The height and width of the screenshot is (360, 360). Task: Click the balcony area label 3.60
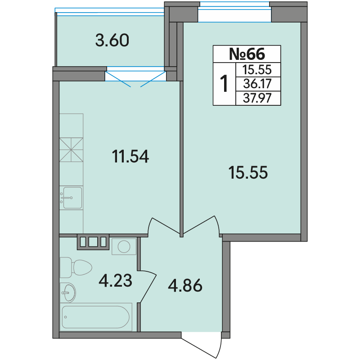point(112,40)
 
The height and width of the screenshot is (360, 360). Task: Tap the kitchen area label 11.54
point(130,157)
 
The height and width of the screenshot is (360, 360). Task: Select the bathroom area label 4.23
point(116,280)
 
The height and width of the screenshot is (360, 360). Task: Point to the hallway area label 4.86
point(185,285)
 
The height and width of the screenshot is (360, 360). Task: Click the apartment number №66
point(247,54)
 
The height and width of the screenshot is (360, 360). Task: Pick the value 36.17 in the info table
point(257,84)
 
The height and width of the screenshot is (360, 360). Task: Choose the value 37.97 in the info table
point(257,98)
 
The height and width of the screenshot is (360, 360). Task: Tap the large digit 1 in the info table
point(224,84)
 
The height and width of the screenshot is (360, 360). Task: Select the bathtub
point(96,317)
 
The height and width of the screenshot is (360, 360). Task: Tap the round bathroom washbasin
point(68,293)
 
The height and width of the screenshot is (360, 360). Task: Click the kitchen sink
point(72,198)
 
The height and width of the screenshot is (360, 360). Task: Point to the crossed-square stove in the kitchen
point(71,150)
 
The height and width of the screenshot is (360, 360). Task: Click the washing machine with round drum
point(124,247)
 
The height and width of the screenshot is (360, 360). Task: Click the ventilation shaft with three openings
point(93,242)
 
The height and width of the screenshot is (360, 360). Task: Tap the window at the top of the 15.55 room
point(234,12)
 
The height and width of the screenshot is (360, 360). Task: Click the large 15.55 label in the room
point(248,172)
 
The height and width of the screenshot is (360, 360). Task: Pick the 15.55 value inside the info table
point(257,70)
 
